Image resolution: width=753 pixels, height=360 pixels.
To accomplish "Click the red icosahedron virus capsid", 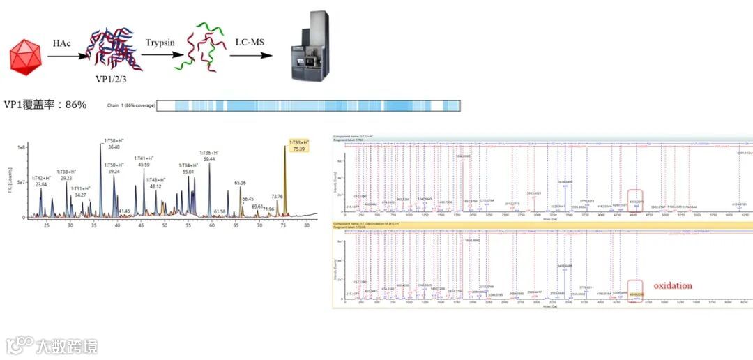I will [x=27, y=57].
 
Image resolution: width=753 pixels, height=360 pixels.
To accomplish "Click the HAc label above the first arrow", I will [x=61, y=43].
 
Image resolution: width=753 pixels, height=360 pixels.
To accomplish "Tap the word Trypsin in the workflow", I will [x=158, y=43].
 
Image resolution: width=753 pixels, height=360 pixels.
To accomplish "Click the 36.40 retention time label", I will [x=114, y=147].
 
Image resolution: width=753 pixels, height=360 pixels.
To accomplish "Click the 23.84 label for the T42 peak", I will [x=41, y=185].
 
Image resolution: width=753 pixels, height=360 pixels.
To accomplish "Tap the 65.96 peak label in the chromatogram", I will [x=239, y=183].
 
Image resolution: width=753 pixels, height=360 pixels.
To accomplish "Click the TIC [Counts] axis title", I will [x=10, y=181].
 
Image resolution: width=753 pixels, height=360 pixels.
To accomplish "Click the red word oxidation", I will [x=673, y=286].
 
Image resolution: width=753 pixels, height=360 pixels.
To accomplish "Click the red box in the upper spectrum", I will [x=635, y=197].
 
